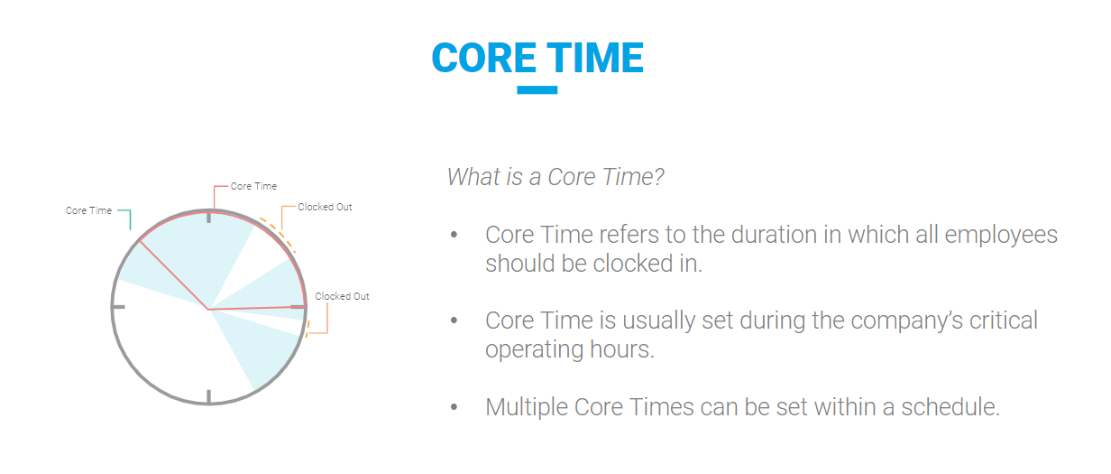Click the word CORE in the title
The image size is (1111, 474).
(484, 58)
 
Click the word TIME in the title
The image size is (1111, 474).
(595, 58)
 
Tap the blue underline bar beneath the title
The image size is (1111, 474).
(537, 90)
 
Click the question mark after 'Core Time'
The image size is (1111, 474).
(658, 177)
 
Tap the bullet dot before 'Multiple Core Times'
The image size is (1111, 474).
(454, 407)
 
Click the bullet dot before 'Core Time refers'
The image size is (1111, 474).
(454, 235)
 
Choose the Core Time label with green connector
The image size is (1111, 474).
(88, 210)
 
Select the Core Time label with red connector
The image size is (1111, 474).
(253, 186)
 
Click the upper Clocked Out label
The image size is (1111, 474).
(325, 207)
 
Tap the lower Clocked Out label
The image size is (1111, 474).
(343, 296)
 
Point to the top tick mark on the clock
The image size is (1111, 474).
(209, 217)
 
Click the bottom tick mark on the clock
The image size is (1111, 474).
(209, 396)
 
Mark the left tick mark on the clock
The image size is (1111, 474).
(119, 307)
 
